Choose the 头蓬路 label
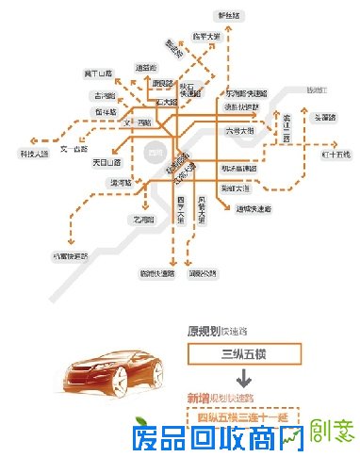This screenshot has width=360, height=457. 323,118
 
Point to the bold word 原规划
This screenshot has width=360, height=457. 201,331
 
